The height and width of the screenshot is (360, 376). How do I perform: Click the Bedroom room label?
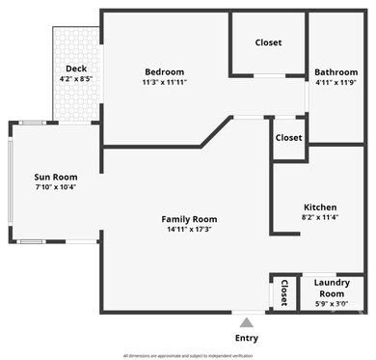click(164, 71)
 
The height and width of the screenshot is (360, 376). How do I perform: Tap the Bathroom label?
click(336, 71)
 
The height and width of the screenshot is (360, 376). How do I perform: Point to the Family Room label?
click(189, 219)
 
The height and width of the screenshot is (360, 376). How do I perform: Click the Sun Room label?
click(55, 177)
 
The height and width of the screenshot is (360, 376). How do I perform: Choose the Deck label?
click(76, 68)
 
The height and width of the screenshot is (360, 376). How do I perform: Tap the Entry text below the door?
click(247, 338)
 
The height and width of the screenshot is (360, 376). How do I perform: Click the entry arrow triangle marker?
click(247, 322)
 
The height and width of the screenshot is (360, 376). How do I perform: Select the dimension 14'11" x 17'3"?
click(189, 230)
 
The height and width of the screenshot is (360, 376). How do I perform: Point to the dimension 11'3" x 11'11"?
click(164, 82)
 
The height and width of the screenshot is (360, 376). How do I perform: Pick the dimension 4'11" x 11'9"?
click(336, 82)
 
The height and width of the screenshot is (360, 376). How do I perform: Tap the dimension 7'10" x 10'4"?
click(55, 187)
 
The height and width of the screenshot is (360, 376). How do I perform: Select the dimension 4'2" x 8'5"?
click(76, 78)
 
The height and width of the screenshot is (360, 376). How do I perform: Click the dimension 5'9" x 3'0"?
click(331, 303)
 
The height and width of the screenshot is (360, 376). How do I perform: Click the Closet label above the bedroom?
click(268, 42)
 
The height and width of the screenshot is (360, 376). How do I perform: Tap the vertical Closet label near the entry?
click(283, 291)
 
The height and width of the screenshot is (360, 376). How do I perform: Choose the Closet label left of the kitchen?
click(288, 137)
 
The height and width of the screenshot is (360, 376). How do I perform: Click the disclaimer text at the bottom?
click(188, 355)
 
